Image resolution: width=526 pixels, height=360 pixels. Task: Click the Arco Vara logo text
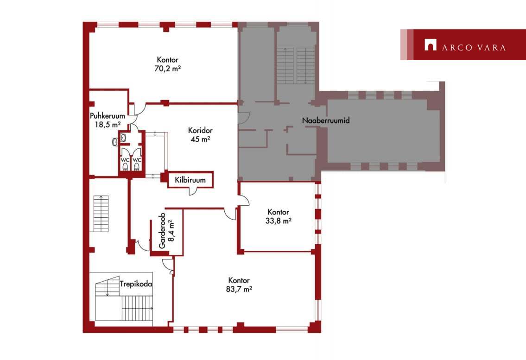point(474,47)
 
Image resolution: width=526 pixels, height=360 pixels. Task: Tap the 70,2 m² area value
point(168,69)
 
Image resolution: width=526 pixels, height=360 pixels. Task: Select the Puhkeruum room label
point(108,116)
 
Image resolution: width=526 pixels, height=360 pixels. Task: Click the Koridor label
point(200,130)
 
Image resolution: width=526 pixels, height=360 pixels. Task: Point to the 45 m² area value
point(200,139)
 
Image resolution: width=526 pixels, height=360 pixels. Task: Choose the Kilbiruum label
point(190,180)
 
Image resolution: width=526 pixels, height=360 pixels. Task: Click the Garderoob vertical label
point(162,230)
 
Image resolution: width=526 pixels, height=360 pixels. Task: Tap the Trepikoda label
point(136,284)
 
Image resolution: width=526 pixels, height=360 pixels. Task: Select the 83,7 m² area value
point(239,289)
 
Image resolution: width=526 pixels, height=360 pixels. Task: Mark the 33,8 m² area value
point(279,221)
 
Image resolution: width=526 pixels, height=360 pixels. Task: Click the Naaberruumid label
point(326,120)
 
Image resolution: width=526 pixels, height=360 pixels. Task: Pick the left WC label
point(125,160)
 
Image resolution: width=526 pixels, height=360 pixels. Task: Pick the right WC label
point(137,160)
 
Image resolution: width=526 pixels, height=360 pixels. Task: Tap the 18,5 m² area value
point(108,125)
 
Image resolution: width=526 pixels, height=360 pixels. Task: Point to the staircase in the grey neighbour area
point(296,65)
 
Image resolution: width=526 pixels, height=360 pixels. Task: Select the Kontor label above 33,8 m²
point(279,212)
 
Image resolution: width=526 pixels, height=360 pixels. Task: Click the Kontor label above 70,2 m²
point(168,60)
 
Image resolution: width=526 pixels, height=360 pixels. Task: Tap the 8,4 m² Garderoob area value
point(171,230)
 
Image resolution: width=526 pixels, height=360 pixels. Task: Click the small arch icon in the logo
point(431,45)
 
